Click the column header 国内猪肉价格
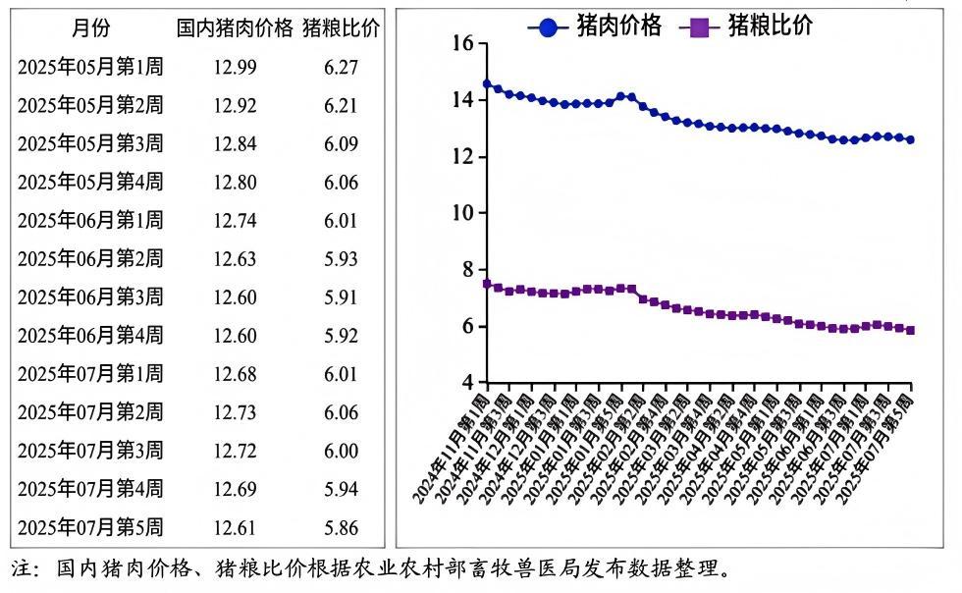(x=235, y=28)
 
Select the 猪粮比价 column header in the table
(x=341, y=28)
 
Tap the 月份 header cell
(x=89, y=28)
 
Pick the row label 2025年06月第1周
(x=90, y=220)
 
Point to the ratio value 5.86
(x=341, y=527)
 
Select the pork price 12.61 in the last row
(x=235, y=527)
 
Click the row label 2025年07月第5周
(x=90, y=527)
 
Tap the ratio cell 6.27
(x=341, y=67)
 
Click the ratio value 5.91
(x=341, y=296)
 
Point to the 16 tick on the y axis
(x=462, y=43)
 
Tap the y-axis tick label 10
(x=462, y=213)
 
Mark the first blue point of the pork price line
(x=487, y=84)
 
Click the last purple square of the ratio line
(x=911, y=330)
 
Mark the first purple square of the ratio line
(x=487, y=284)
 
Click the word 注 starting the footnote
(x=22, y=569)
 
